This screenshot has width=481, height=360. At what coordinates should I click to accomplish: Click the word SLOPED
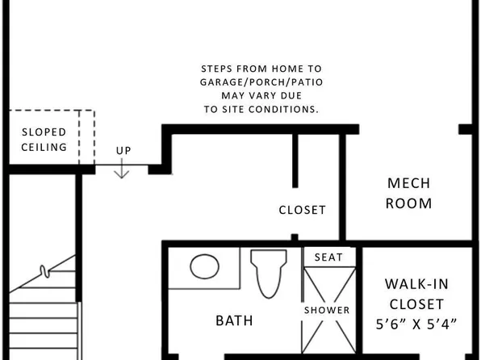click(x=44, y=132)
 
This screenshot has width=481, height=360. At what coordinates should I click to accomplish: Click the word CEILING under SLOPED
click(x=44, y=148)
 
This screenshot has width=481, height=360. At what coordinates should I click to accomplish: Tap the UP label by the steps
click(x=123, y=151)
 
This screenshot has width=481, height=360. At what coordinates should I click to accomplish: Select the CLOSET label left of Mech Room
click(x=302, y=210)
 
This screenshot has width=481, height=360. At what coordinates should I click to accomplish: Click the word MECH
click(x=408, y=182)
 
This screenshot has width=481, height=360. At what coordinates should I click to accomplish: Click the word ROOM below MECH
click(x=408, y=203)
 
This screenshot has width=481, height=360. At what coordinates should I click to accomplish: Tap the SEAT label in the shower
click(x=328, y=257)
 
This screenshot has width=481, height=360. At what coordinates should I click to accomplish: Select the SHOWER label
click(x=327, y=310)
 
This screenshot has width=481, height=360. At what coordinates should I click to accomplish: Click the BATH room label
click(x=234, y=320)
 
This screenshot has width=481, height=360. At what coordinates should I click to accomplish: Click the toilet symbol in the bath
click(x=269, y=272)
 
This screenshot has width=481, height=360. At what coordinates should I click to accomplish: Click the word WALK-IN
click(x=416, y=284)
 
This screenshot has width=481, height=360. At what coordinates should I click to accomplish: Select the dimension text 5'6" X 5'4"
click(x=416, y=324)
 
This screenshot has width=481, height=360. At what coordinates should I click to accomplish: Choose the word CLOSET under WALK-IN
click(x=416, y=304)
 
